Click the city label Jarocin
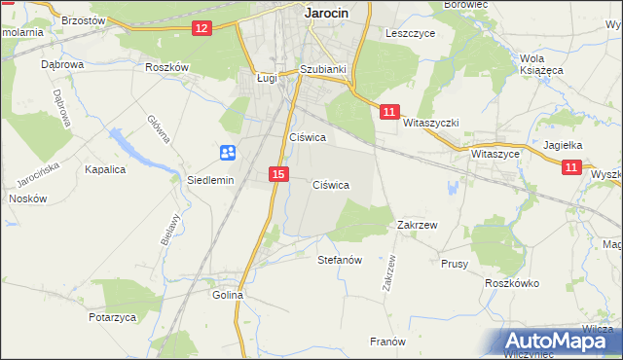[x=326, y=14]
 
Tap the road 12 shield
[x=202, y=28]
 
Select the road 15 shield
[x=278, y=174]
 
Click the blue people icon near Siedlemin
[x=227, y=152]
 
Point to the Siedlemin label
[x=210, y=181]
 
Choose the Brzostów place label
[x=83, y=19]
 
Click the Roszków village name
[x=165, y=66]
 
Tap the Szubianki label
[x=323, y=70]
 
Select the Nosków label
[x=27, y=198]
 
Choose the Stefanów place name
[x=341, y=261]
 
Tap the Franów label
[x=387, y=342]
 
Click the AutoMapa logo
[x=561, y=342]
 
